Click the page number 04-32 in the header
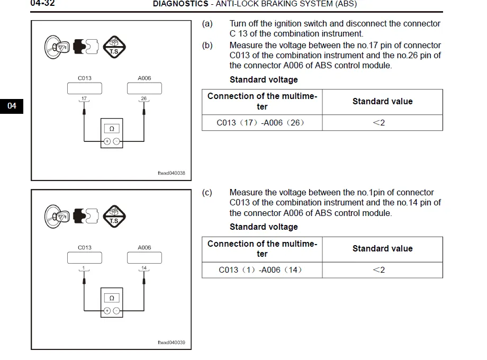(x=42, y=4)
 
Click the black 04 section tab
(x=12, y=106)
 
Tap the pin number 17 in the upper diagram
(x=84, y=98)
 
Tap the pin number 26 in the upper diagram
(x=144, y=98)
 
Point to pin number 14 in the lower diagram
(x=144, y=268)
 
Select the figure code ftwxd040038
(x=172, y=173)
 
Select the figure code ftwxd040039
(x=172, y=343)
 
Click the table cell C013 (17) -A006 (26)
(x=261, y=123)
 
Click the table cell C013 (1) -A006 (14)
(x=261, y=270)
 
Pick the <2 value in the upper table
(x=379, y=123)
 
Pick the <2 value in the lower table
(x=379, y=270)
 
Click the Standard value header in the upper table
(x=382, y=101)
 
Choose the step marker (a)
(x=208, y=24)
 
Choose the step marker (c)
(x=208, y=193)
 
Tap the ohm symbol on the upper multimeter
(x=112, y=129)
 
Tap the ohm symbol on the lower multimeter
(x=112, y=298)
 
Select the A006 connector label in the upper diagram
(x=145, y=78)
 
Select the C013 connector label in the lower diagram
(x=85, y=247)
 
